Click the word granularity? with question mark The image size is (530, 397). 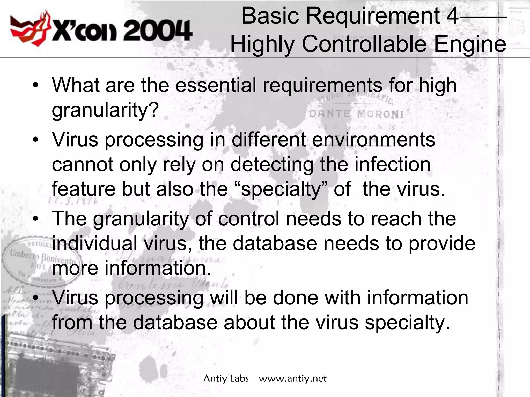coord(105,110)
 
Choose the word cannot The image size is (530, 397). coord(83,165)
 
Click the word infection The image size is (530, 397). coord(392,165)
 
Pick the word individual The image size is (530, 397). coord(94,243)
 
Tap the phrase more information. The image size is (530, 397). coord(132,268)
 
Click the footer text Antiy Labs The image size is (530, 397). coord(226,379)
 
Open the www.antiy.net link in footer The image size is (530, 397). coord(292,379)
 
